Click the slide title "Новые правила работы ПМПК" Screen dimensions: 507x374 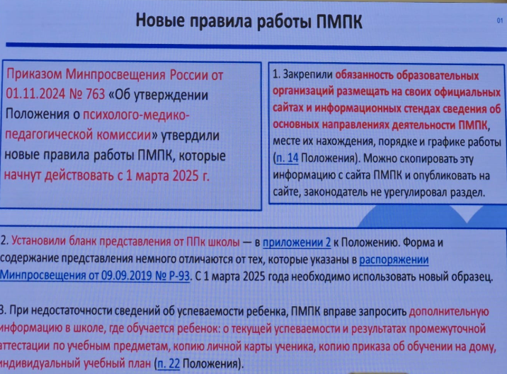point(249,21)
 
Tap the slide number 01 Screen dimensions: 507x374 point(500,21)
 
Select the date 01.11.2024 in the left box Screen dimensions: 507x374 point(35,94)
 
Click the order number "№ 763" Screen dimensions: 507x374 point(87,94)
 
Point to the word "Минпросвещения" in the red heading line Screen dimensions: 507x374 point(115,75)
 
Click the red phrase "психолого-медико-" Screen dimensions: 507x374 point(136,115)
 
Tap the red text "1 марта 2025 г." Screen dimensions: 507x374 point(168,176)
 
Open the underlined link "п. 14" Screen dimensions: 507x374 point(287,158)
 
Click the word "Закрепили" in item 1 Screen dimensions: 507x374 point(307,75)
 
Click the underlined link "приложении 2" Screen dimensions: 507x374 point(297,242)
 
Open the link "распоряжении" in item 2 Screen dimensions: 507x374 point(394,259)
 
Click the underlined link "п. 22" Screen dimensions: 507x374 point(169,363)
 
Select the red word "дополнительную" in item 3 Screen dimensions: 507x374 point(449,312)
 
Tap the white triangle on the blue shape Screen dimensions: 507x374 point(467,213)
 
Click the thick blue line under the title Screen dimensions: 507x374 point(256,47)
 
